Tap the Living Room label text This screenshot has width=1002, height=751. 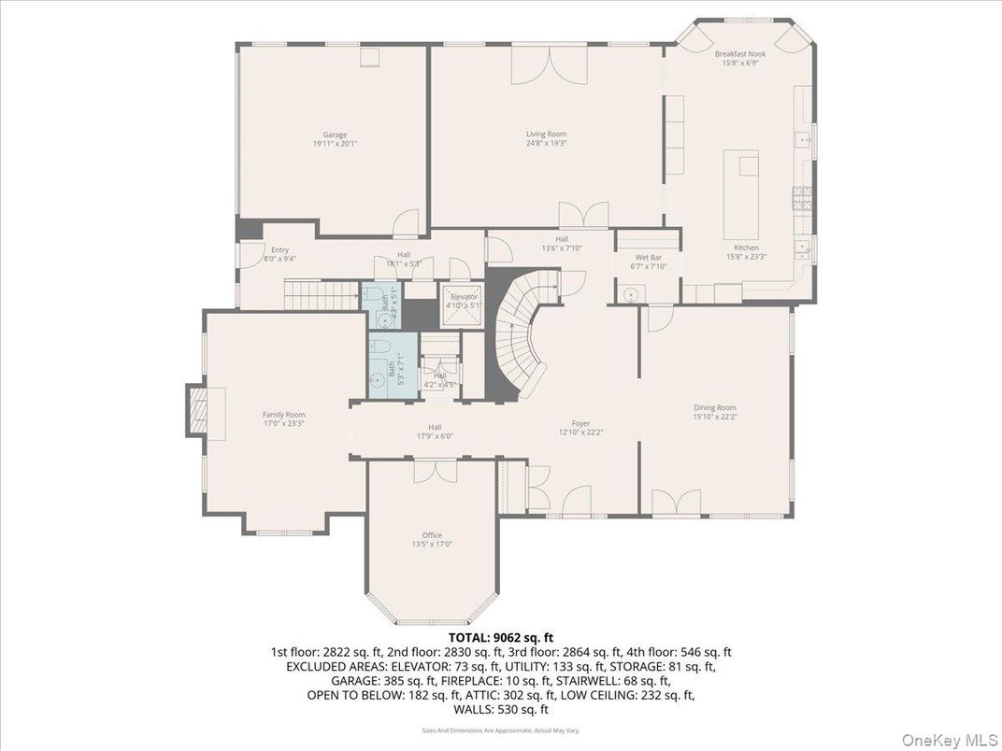pos(547,135)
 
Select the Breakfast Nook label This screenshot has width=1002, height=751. pos(740,54)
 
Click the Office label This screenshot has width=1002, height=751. pos(432,535)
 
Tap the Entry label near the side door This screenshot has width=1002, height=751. pos(279,249)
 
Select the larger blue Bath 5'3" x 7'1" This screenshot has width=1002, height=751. pos(391,368)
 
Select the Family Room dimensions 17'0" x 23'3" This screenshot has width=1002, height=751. pos(283,423)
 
